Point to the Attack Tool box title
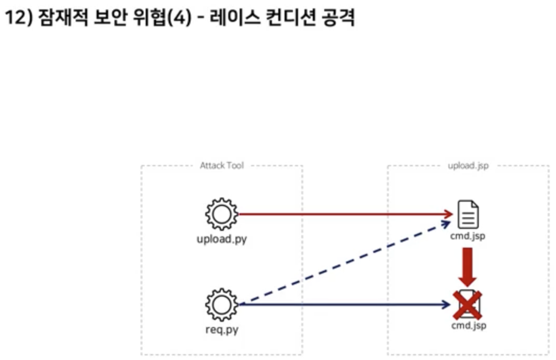click(222, 166)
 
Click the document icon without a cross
click(468, 214)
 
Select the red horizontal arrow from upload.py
click(345, 214)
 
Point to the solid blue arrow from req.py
click(345, 305)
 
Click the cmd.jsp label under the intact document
click(468, 236)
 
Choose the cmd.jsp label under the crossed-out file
click(468, 326)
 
